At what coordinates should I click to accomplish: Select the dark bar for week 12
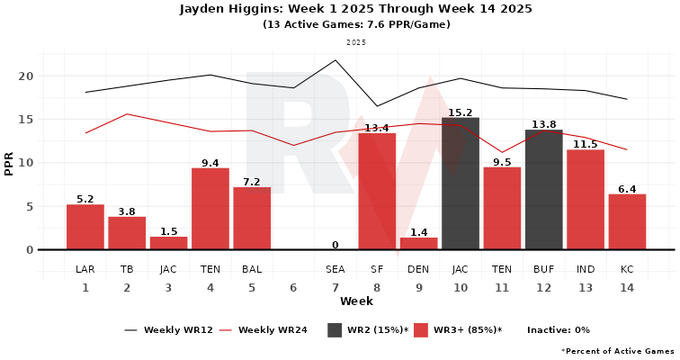(x=543, y=190)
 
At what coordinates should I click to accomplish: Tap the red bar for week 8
(x=377, y=191)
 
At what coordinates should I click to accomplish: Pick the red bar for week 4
(x=210, y=209)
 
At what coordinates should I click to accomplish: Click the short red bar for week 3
(x=168, y=243)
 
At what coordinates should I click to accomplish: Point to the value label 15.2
(x=460, y=112)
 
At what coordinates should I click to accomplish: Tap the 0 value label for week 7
(x=336, y=245)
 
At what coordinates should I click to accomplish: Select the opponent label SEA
(x=336, y=269)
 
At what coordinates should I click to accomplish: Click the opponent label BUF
(x=543, y=269)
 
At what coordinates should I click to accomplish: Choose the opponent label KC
(x=627, y=269)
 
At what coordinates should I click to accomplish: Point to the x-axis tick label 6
(x=293, y=288)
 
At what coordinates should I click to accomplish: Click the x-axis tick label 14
(x=627, y=288)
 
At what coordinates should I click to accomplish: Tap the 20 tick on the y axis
(x=28, y=76)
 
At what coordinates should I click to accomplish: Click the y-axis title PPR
(x=9, y=163)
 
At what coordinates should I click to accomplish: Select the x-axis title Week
(x=356, y=301)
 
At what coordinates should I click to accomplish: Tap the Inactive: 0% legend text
(x=558, y=330)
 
